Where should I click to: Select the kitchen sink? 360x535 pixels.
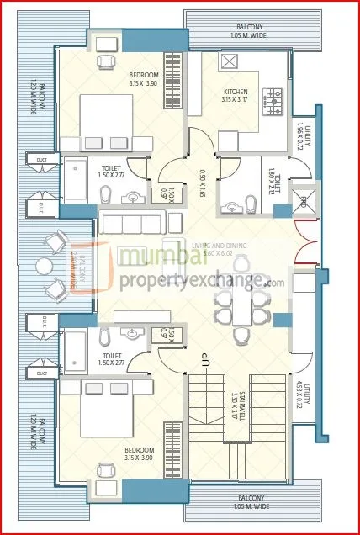coord(230,61)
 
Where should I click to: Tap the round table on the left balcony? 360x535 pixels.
coord(44,267)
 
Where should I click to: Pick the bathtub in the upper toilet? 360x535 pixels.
coord(76,177)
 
